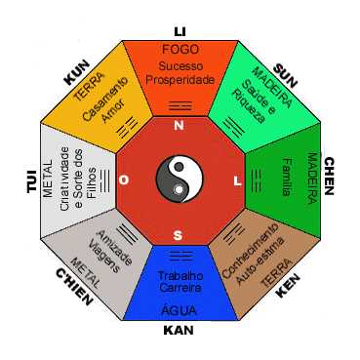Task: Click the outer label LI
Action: click(180, 30)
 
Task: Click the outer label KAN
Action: click(180, 329)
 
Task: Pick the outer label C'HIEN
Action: click(74, 286)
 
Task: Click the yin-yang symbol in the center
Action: click(180, 180)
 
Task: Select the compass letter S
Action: click(178, 235)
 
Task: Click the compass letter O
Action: click(124, 180)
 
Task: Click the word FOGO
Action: click(180, 49)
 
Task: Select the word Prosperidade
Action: click(180, 79)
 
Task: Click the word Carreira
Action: click(180, 289)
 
